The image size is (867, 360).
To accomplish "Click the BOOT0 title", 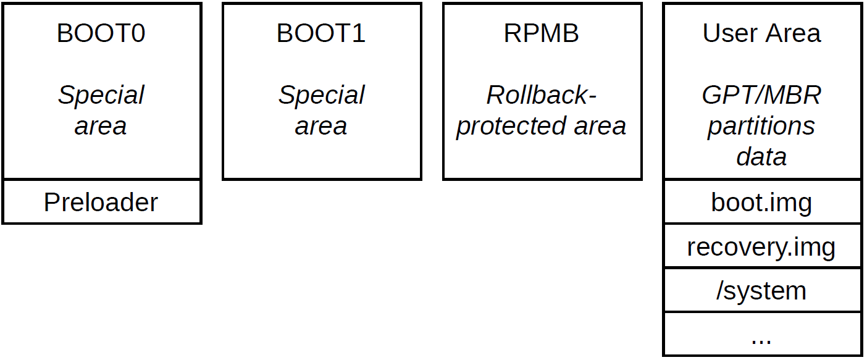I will coord(101,33).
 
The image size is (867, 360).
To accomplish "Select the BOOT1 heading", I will coord(321,33).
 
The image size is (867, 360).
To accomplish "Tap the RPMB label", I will coord(542,33).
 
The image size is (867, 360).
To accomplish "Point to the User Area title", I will coord(761,33).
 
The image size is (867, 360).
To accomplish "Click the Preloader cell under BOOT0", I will coord(101,203).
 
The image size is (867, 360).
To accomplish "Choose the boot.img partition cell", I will coord(761,203).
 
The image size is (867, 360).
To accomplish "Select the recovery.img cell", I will coord(761,247).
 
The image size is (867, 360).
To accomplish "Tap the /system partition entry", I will coord(761,290).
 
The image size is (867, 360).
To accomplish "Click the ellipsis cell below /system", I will coord(761,337).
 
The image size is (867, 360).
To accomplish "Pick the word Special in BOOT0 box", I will coord(101,96).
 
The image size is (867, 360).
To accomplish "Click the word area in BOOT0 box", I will coord(101,126).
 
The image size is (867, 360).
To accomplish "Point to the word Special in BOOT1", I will coord(321,96).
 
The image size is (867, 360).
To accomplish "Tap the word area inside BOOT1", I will coord(321,126).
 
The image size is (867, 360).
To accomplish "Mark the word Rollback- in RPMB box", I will coord(542,96).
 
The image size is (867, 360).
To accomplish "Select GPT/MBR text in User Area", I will coord(761,96).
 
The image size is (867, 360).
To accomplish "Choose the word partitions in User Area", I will coord(761,127).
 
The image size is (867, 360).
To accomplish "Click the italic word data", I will coord(761,157).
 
